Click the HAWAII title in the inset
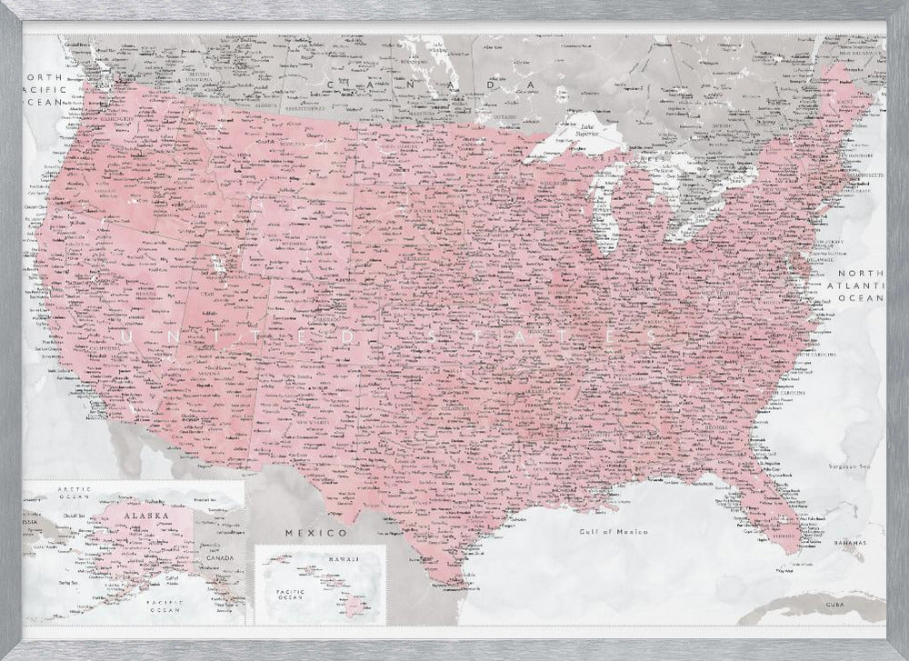pyautogui.click(x=342, y=556)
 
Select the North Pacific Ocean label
pyautogui.click(x=43, y=92)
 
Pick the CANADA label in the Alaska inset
pyautogui.click(x=224, y=557)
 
